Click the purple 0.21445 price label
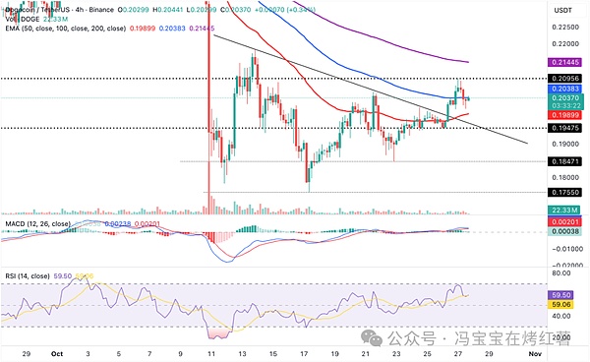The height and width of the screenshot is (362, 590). pyautogui.click(x=564, y=62)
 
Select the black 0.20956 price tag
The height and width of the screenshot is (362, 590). pyautogui.click(x=564, y=78)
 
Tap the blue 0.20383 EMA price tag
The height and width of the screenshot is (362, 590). pyautogui.click(x=564, y=89)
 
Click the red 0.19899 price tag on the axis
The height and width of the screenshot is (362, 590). pyautogui.click(x=564, y=115)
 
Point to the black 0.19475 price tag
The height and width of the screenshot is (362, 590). pyautogui.click(x=564, y=128)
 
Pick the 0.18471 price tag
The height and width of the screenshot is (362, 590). pyautogui.click(x=564, y=161)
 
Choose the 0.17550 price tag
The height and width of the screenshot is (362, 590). pyautogui.click(x=564, y=193)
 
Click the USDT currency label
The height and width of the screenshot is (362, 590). pyautogui.click(x=562, y=9)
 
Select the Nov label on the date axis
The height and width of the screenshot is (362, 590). pyautogui.click(x=533, y=351)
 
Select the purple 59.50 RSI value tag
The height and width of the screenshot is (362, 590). pyautogui.click(x=562, y=294)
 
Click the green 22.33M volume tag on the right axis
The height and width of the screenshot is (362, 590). pyautogui.click(x=564, y=209)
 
